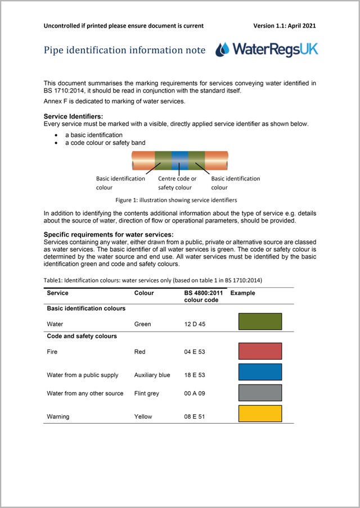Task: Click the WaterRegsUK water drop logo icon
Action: point(223,49)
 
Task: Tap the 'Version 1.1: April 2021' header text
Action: point(285,25)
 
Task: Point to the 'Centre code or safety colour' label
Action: point(177,183)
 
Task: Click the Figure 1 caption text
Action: point(176,199)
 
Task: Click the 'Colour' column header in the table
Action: point(144,293)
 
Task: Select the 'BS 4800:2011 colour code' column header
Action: point(203,296)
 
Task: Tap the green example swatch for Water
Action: point(260,321)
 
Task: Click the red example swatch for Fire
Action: point(260,351)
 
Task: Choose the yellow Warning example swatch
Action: point(260,414)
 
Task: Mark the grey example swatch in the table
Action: point(260,393)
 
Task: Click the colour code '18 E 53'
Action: point(195,375)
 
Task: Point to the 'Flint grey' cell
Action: point(147,393)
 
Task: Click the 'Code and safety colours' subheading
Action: point(82,336)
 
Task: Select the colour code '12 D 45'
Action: point(195,324)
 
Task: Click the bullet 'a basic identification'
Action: point(93,135)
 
